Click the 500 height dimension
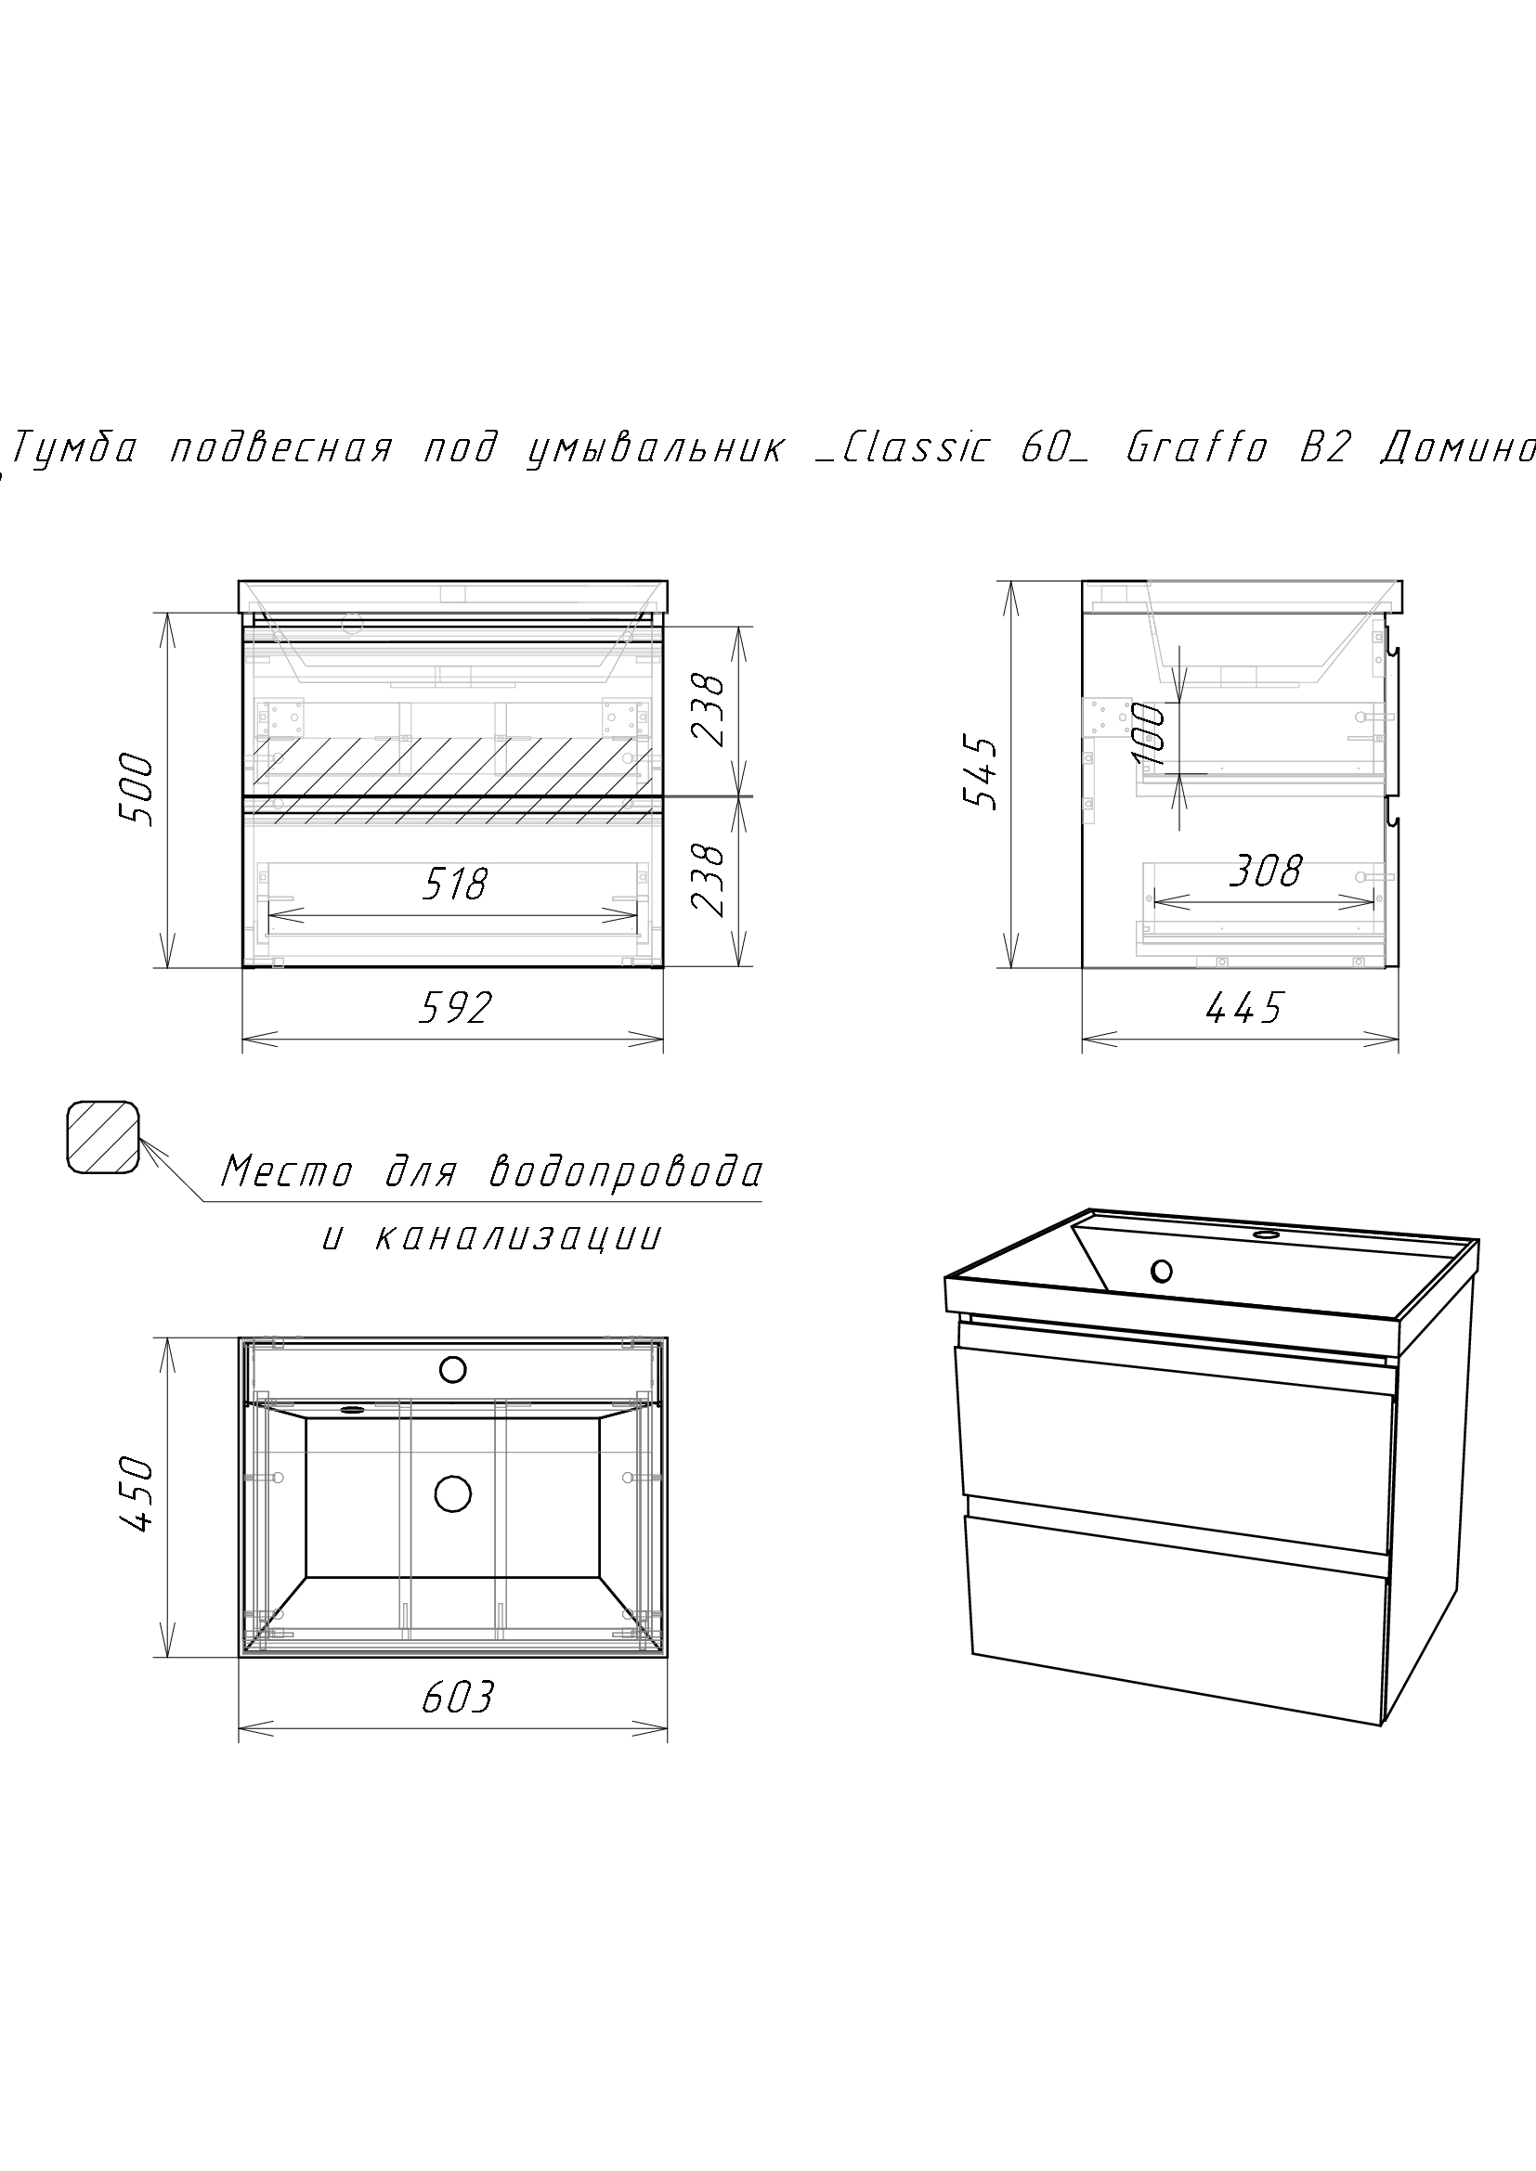pos(138,790)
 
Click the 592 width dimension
pos(455,1008)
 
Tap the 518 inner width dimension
pos(455,885)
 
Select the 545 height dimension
pos(981,773)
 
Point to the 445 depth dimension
pos(1244,1009)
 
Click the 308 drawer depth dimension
pos(1266,871)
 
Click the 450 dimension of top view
pos(138,1495)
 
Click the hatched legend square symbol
pos(103,1138)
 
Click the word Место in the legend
pos(287,1172)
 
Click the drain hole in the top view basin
pos(453,1493)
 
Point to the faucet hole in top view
pos(453,1368)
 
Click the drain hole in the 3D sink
pos(1162,1272)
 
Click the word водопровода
pos(626,1172)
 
